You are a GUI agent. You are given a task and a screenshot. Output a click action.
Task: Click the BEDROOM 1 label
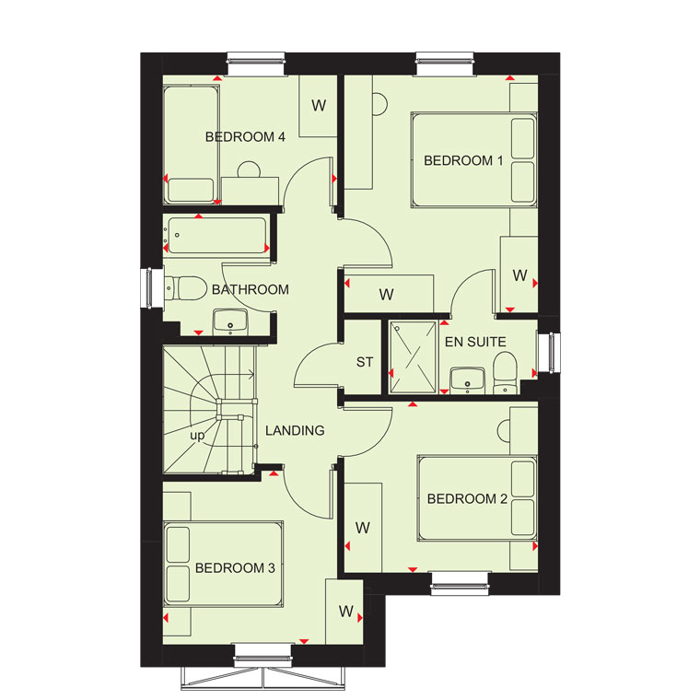click(x=463, y=160)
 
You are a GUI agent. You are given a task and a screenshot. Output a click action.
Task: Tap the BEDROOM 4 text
click(x=245, y=136)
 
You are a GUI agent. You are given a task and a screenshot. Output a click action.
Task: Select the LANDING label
click(x=295, y=430)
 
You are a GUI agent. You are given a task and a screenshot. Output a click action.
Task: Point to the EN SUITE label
click(x=475, y=342)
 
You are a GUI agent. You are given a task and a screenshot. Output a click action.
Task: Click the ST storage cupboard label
click(x=365, y=362)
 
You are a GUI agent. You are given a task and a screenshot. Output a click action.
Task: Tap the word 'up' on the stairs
click(x=197, y=436)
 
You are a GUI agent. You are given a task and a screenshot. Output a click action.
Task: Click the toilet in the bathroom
click(x=185, y=288)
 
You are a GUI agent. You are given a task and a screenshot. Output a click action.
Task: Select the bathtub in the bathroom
click(x=217, y=235)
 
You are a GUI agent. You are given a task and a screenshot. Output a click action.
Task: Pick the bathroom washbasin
click(x=230, y=321)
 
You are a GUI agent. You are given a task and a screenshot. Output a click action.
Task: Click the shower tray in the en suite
click(x=413, y=357)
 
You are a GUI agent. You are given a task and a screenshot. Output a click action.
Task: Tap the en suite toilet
click(x=505, y=373)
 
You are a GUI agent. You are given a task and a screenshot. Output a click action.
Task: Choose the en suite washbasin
click(x=467, y=380)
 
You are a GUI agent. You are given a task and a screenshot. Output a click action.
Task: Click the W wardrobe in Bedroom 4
click(x=318, y=106)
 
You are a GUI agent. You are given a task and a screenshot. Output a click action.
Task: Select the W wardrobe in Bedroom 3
click(x=344, y=612)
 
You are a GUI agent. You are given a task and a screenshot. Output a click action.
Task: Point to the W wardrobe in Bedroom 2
click(x=363, y=527)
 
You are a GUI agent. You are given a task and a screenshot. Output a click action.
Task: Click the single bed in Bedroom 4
click(x=191, y=145)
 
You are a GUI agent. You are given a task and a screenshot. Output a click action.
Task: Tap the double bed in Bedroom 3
click(x=223, y=565)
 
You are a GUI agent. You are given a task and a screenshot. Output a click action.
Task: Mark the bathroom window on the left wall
click(x=147, y=288)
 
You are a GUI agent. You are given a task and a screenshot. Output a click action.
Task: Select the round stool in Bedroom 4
click(x=249, y=169)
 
